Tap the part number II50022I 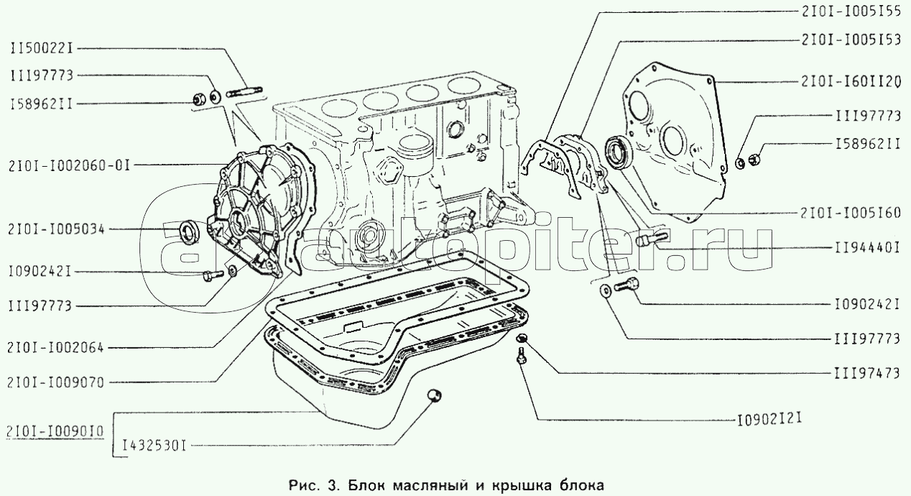tap(42, 49)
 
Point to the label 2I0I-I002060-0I tap(69, 166)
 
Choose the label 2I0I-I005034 tap(57, 229)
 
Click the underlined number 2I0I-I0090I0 tap(55, 431)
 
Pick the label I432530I tap(154, 446)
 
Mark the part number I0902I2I tap(769, 420)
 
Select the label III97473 tap(867, 373)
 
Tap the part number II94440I tap(867, 248)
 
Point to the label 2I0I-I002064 tap(56, 347)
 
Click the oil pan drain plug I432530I tap(435, 395)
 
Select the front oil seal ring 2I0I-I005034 tap(190, 233)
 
